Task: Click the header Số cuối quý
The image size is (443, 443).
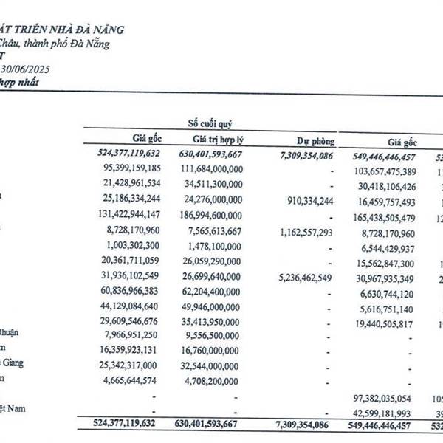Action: [x=213, y=123]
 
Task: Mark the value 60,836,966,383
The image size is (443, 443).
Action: [x=122, y=291]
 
